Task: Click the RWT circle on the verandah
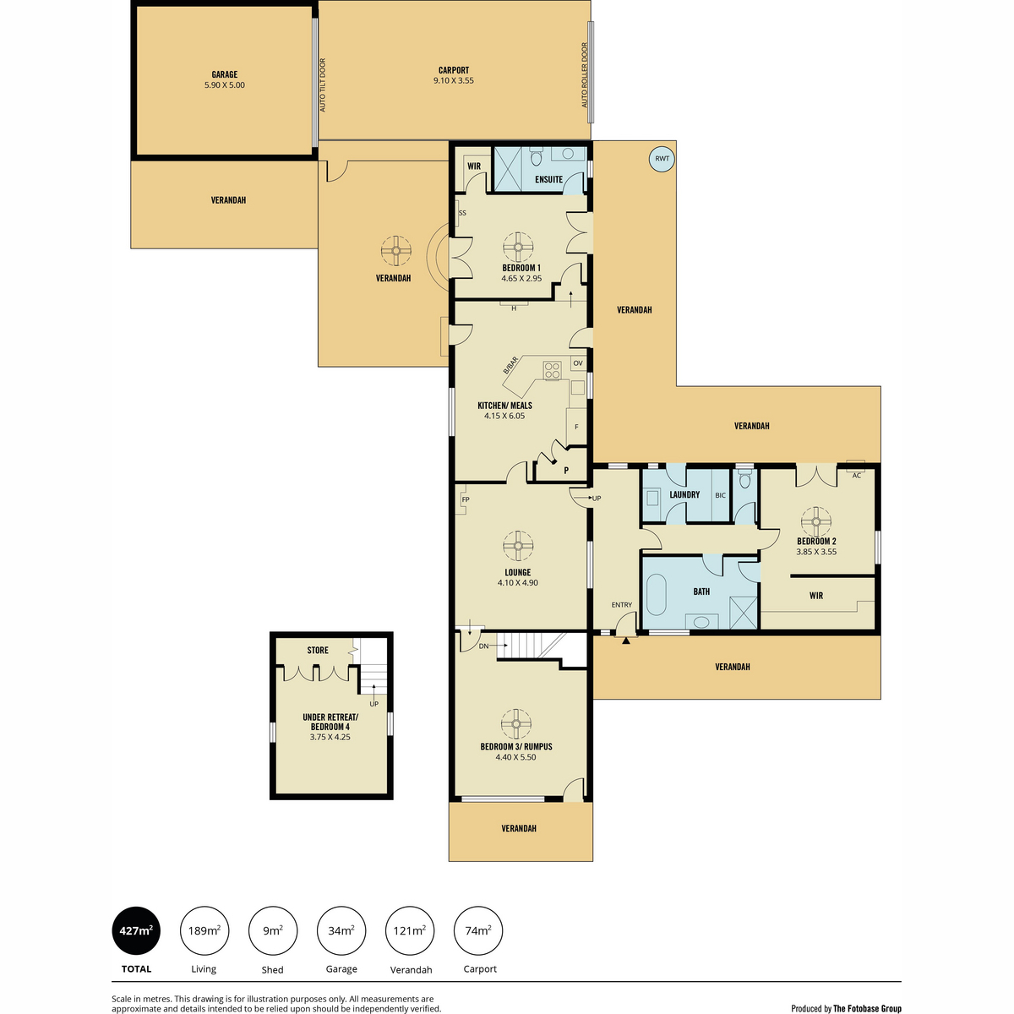coord(662,159)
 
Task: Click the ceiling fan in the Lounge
coord(518,546)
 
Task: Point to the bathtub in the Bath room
coord(657,595)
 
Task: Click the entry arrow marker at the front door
coord(625,641)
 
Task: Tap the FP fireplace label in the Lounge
coord(465,499)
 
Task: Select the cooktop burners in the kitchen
coord(552,370)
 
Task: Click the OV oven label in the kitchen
coord(578,363)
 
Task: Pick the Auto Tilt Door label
coord(323,84)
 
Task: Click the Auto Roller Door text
coord(584,74)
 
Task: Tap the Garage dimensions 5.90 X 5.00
coord(225,84)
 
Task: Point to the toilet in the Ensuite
coord(536,156)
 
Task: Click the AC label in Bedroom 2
coord(856,476)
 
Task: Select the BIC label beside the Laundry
coord(721,495)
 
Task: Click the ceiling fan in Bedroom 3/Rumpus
coord(516,724)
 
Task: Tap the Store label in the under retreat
coord(318,651)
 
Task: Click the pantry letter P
coord(566,471)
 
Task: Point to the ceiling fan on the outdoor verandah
coord(395,251)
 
